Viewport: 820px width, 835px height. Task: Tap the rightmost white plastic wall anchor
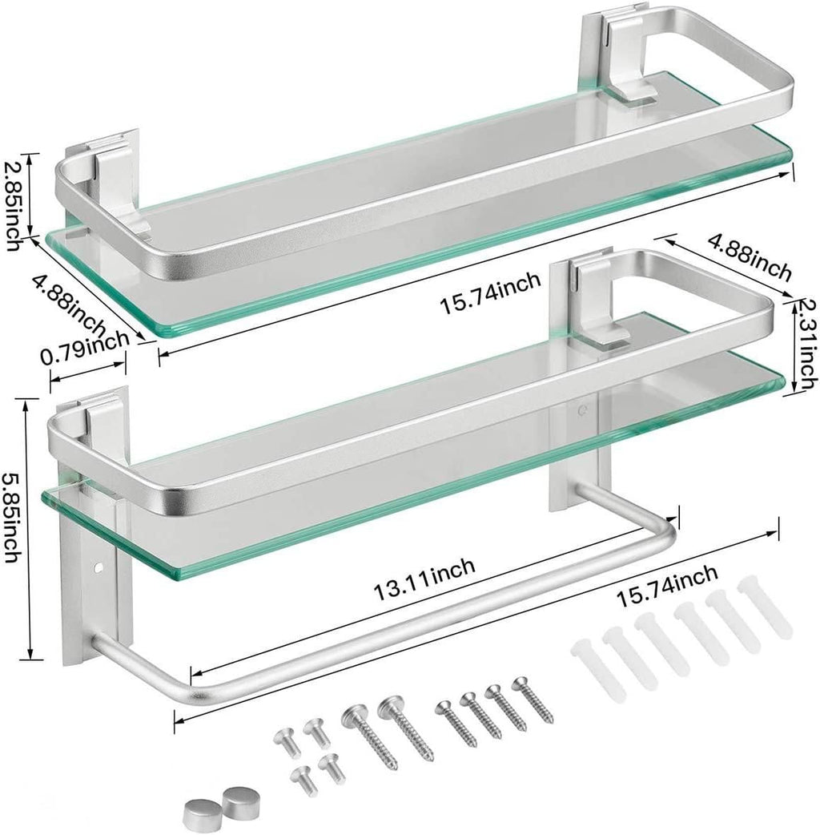point(769,610)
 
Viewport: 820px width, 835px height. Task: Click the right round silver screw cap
point(236,798)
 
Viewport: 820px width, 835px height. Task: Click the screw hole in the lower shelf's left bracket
point(99,567)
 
